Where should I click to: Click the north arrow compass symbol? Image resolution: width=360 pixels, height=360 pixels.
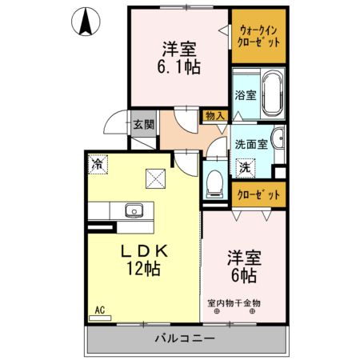tap(85, 21)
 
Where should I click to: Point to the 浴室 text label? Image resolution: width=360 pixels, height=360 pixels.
tap(244, 94)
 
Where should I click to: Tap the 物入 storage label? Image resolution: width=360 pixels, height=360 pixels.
tap(214, 116)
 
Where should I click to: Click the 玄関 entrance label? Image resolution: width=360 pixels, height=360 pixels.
tap(143, 124)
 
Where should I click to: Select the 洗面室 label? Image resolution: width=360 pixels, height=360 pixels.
tap(250, 145)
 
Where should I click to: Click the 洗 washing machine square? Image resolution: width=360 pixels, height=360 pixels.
tap(245, 168)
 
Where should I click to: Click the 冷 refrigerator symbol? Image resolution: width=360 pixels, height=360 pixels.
tap(98, 165)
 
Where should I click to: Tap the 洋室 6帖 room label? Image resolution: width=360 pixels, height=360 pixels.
tap(243, 266)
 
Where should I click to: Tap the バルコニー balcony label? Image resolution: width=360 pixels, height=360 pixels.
tap(184, 340)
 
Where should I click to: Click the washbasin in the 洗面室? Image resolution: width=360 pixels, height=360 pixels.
tap(277, 138)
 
